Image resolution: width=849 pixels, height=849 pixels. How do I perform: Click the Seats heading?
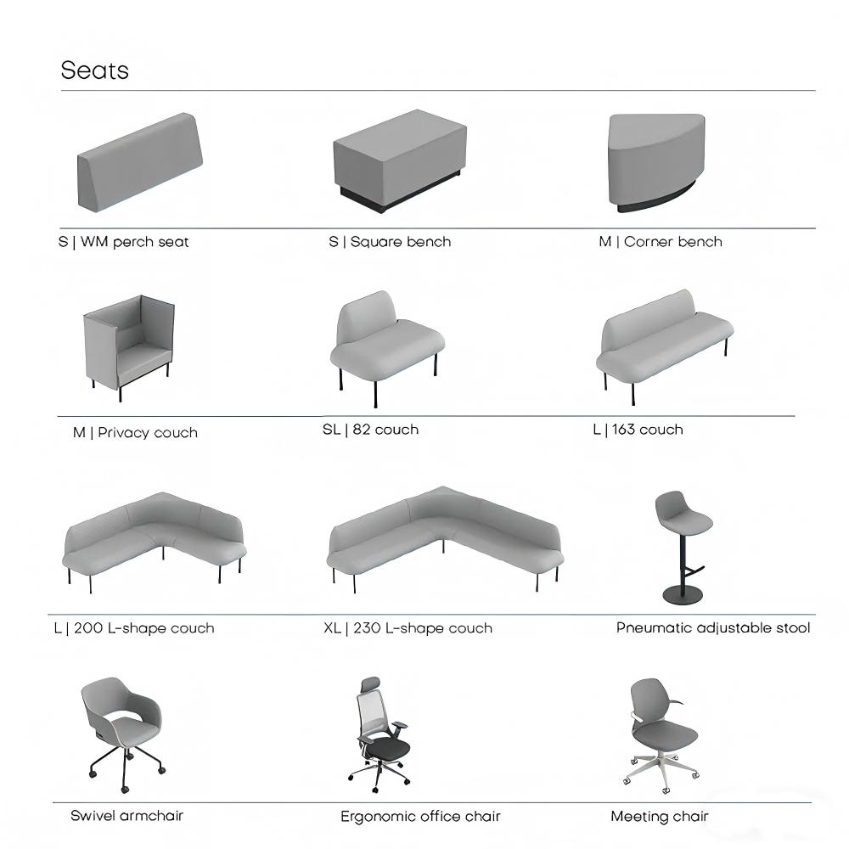point(95,70)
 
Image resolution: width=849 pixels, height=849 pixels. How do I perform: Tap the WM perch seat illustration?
point(140,162)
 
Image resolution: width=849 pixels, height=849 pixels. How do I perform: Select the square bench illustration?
point(400,160)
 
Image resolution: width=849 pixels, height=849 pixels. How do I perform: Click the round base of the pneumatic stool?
point(683,594)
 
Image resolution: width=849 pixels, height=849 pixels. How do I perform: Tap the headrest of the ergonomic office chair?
point(371,683)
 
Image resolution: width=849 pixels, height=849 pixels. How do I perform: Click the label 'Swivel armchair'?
point(127,815)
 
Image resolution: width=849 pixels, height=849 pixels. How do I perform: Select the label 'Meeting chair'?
point(660,816)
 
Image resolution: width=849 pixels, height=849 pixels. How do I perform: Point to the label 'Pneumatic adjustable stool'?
point(713,628)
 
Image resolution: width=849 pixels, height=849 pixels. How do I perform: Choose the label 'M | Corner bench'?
point(661,241)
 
